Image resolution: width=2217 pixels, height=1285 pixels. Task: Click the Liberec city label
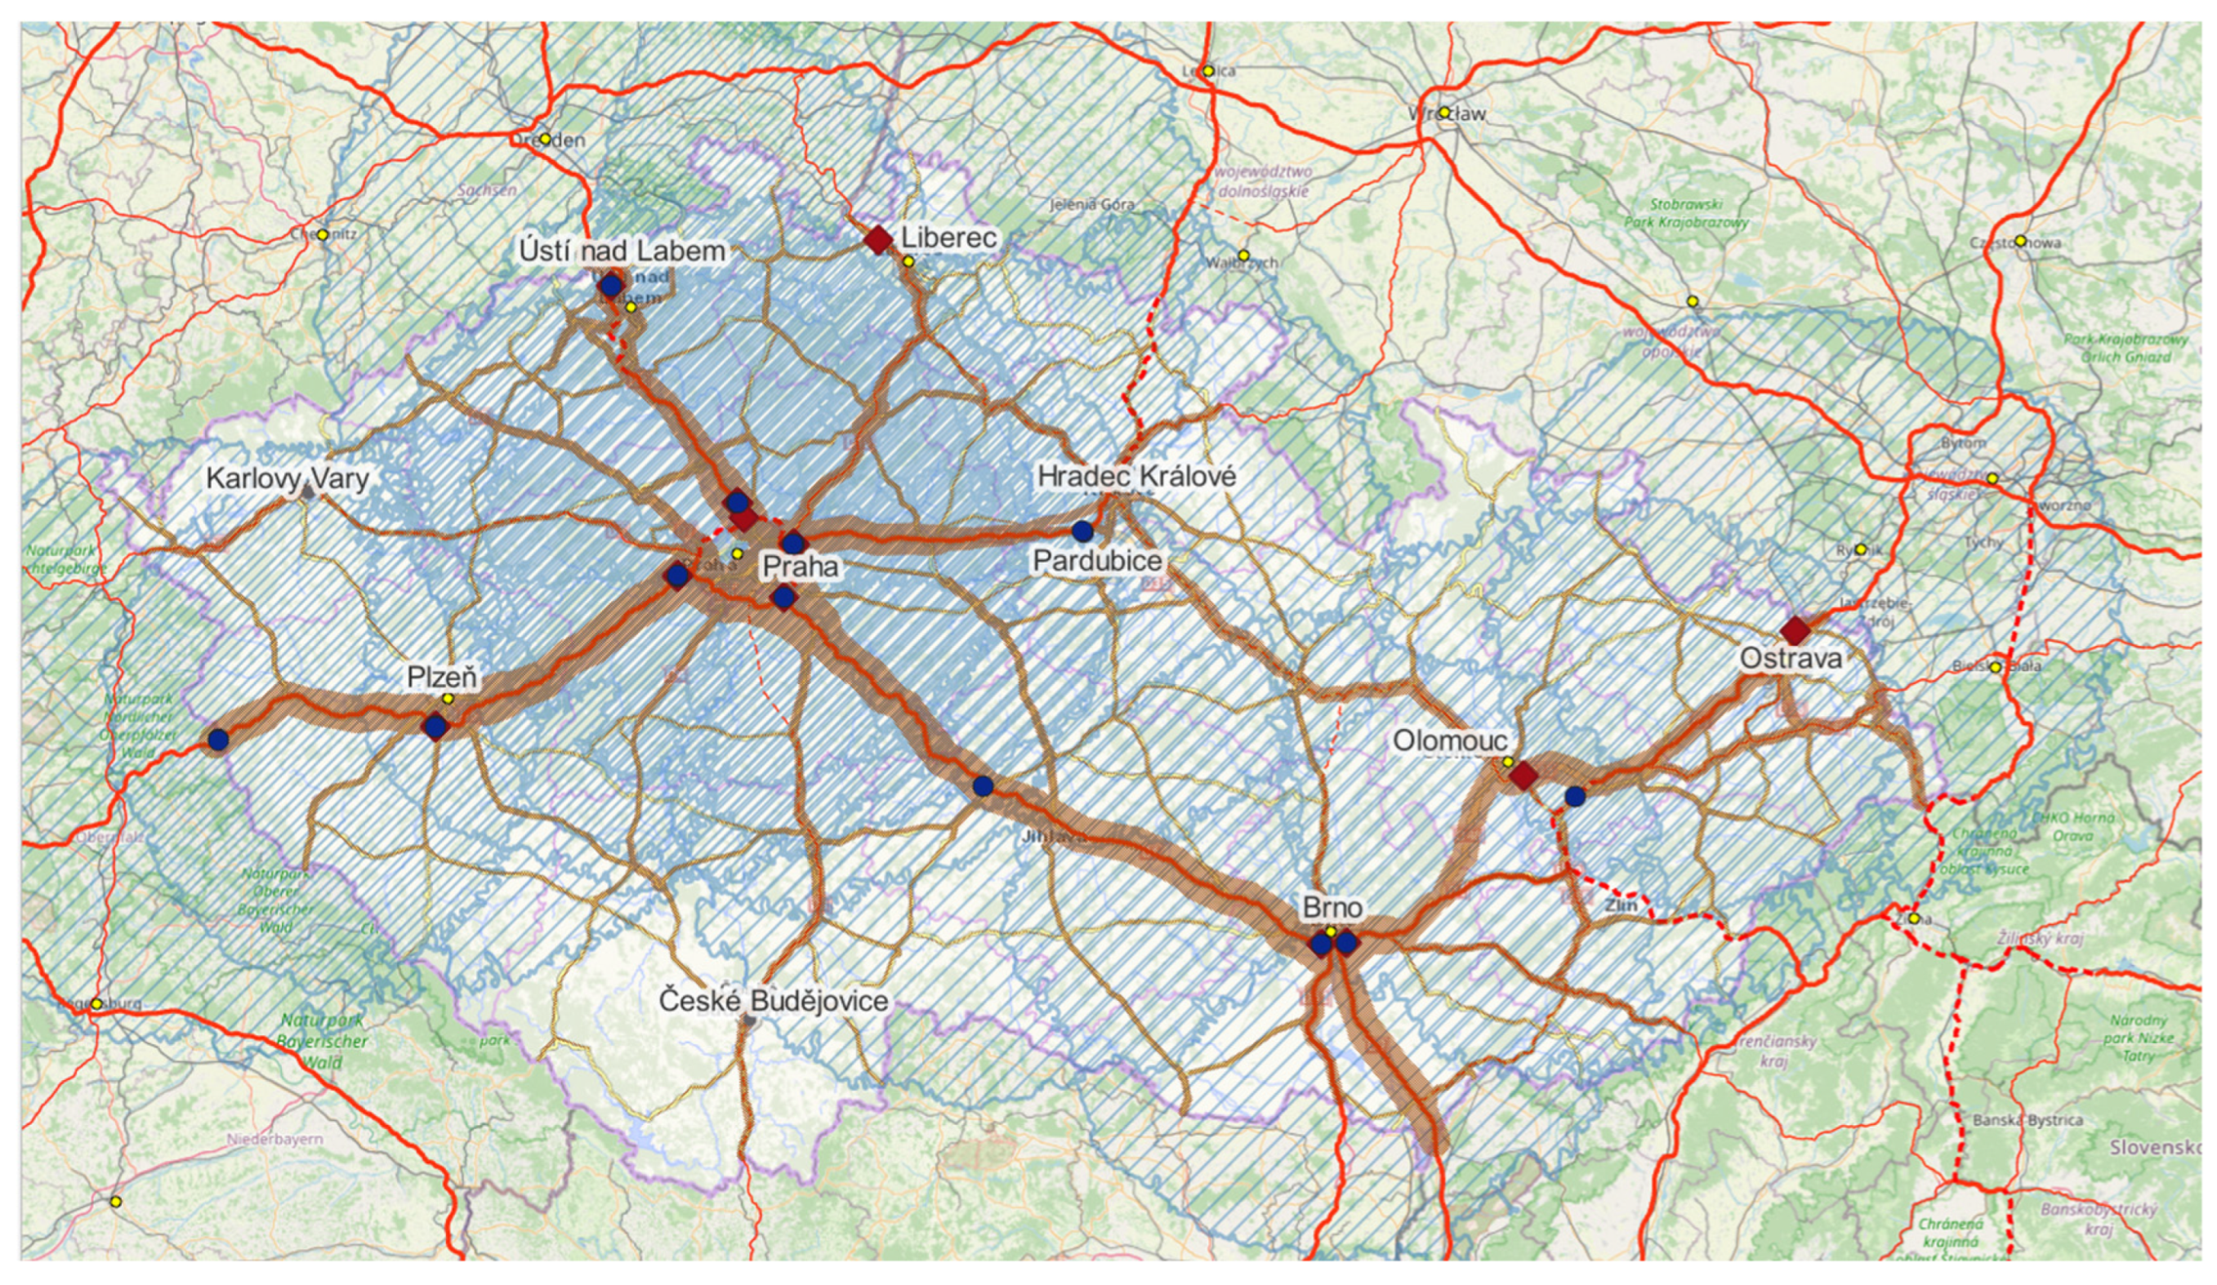click(949, 238)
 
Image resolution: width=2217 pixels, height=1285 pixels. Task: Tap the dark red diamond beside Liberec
click(878, 239)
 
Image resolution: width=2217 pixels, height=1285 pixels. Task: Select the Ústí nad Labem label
click(622, 251)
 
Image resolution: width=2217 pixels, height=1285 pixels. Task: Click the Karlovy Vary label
click(288, 478)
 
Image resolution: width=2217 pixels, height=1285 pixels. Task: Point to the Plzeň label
click(442, 676)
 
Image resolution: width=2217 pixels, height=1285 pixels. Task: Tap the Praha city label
click(800, 566)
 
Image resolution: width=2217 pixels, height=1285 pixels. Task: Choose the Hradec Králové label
click(1136, 476)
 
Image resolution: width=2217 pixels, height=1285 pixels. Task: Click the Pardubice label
click(1097, 560)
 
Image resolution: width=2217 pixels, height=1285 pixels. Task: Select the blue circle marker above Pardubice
click(1082, 531)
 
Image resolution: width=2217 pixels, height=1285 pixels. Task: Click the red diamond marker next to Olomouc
click(1523, 776)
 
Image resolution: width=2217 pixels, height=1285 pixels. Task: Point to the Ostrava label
click(1791, 659)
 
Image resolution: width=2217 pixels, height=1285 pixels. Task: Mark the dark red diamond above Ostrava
click(1795, 630)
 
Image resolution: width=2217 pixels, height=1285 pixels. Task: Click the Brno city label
click(1333, 908)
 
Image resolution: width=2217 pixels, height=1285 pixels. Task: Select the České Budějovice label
click(774, 1000)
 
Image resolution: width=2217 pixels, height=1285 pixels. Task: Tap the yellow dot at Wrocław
click(1443, 113)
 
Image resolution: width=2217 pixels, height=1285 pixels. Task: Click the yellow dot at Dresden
click(546, 139)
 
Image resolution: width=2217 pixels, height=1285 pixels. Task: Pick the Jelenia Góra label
click(1092, 205)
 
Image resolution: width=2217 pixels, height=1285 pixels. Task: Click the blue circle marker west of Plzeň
click(218, 740)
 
